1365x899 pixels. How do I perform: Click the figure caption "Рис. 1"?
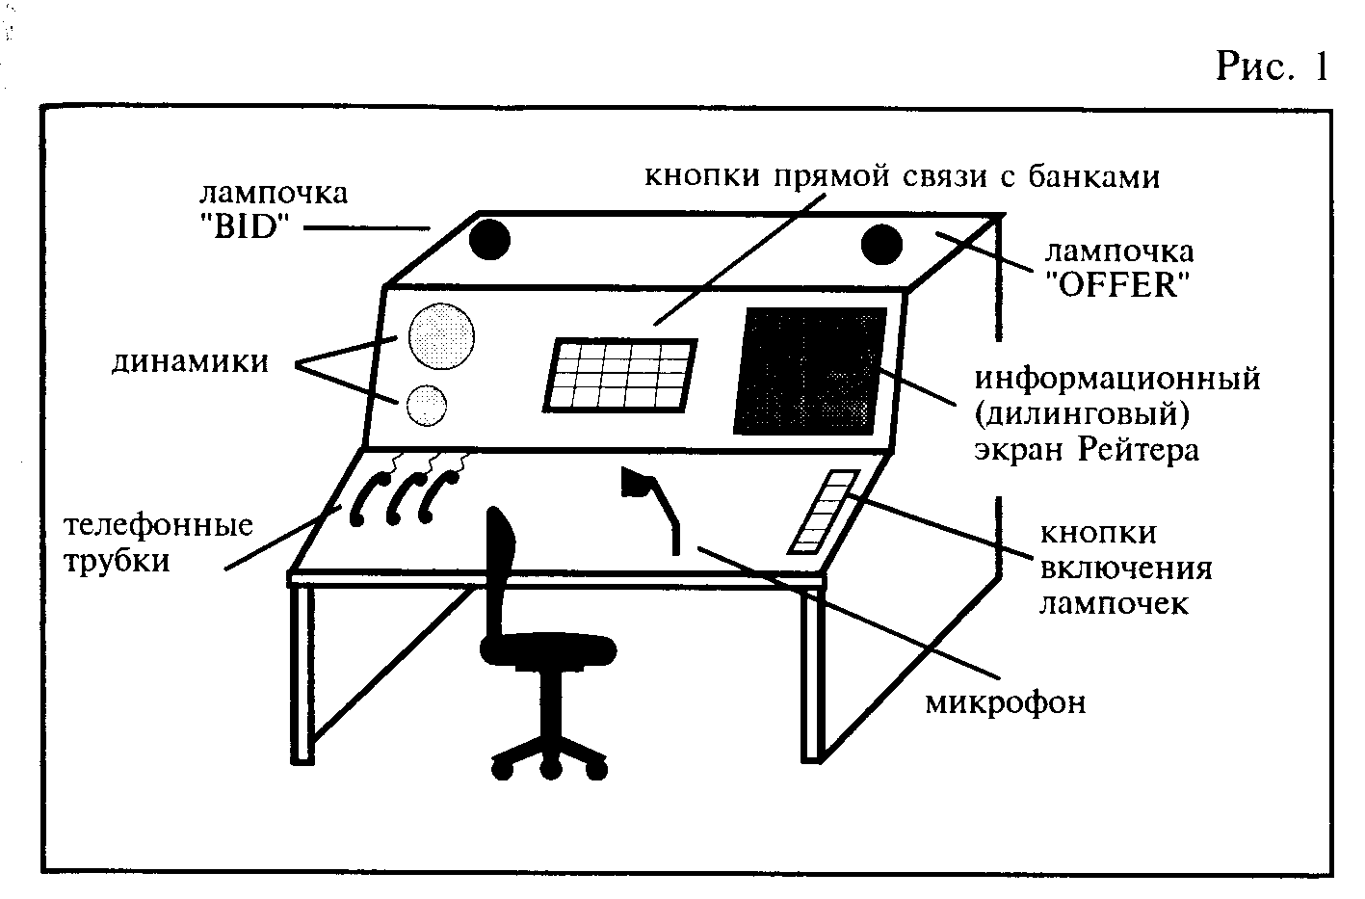click(x=1271, y=66)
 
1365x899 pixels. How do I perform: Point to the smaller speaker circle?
click(x=427, y=404)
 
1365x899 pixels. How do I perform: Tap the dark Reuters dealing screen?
click(x=810, y=371)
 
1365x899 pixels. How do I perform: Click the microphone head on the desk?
click(x=637, y=481)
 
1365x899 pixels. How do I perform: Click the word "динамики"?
click(x=191, y=362)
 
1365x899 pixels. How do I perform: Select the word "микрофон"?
click(x=1006, y=701)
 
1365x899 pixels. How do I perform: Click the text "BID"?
click(x=246, y=228)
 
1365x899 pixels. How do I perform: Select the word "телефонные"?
click(x=159, y=525)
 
